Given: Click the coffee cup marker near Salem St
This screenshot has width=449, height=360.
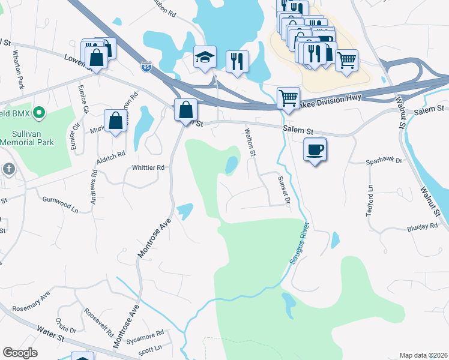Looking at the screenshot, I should (x=315, y=150).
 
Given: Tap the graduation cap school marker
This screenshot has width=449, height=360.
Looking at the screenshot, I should (x=204, y=58).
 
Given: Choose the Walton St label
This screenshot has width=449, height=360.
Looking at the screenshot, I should (x=249, y=142).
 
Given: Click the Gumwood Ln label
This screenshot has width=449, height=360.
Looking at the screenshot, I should (x=60, y=204).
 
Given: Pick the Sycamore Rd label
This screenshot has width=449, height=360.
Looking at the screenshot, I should (x=148, y=334).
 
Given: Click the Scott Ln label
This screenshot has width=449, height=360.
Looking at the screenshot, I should (x=150, y=348).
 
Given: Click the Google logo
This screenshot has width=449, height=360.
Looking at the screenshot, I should (x=20, y=353).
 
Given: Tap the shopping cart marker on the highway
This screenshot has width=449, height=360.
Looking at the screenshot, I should (x=288, y=98).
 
